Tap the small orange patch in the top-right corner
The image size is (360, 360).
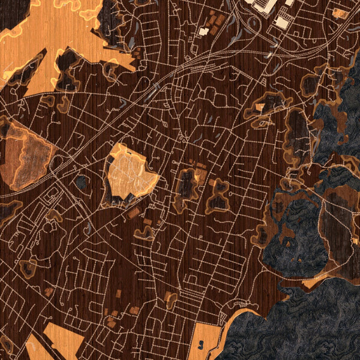341,13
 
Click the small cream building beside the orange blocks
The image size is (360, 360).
204,31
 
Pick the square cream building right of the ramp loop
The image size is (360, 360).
280,23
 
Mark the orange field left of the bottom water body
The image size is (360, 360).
210,336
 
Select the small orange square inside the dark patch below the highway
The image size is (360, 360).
260,108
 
